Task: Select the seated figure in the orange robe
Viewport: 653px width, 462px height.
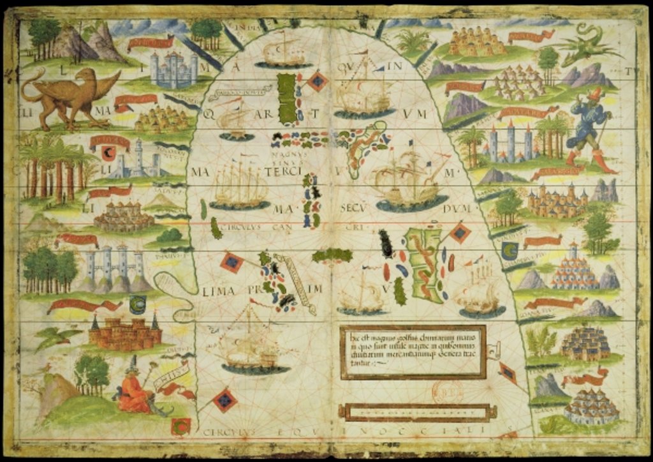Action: (x=133, y=393)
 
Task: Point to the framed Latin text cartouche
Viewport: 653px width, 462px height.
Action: (x=413, y=352)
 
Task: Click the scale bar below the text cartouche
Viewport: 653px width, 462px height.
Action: (x=416, y=413)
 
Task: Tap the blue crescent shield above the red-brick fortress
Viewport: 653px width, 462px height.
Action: (x=137, y=303)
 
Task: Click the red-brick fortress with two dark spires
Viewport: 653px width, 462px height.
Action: (x=126, y=333)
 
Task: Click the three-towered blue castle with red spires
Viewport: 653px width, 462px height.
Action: (x=510, y=143)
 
